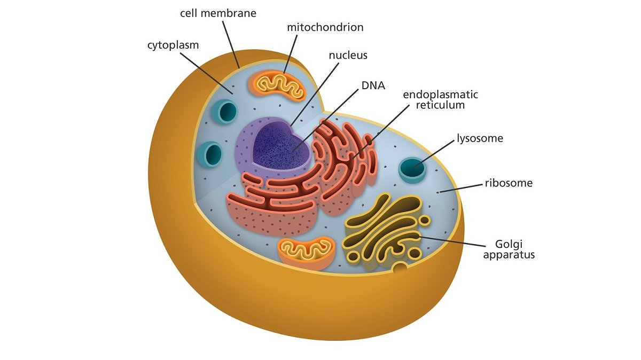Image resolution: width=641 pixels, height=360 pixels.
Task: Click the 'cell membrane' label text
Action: point(218,13)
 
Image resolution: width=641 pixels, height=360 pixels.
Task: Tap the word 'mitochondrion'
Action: point(325,27)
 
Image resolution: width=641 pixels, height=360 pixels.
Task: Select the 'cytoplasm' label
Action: point(173,45)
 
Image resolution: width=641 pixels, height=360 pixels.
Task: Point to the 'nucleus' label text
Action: point(348,55)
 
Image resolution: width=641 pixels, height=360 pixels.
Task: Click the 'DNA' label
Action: point(373,85)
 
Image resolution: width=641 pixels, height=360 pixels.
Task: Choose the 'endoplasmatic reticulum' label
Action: point(440,99)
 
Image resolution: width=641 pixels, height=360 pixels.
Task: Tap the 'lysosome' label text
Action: point(480,138)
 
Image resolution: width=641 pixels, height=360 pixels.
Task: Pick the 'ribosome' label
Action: point(509,183)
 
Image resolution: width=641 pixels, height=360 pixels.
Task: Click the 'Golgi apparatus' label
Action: point(509,249)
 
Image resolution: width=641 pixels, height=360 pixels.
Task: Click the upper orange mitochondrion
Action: point(277,85)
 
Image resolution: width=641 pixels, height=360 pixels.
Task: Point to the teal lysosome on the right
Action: point(412,169)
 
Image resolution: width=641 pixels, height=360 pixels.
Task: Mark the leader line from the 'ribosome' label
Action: point(461,189)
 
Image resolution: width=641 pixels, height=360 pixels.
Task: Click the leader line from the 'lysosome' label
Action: point(434,153)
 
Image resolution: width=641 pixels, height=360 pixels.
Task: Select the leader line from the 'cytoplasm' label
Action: point(207,73)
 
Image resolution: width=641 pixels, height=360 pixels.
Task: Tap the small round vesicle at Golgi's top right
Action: point(425,221)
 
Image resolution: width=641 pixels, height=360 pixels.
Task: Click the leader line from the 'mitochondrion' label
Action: point(290,54)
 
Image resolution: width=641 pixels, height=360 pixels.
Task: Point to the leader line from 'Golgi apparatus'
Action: point(452,241)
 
